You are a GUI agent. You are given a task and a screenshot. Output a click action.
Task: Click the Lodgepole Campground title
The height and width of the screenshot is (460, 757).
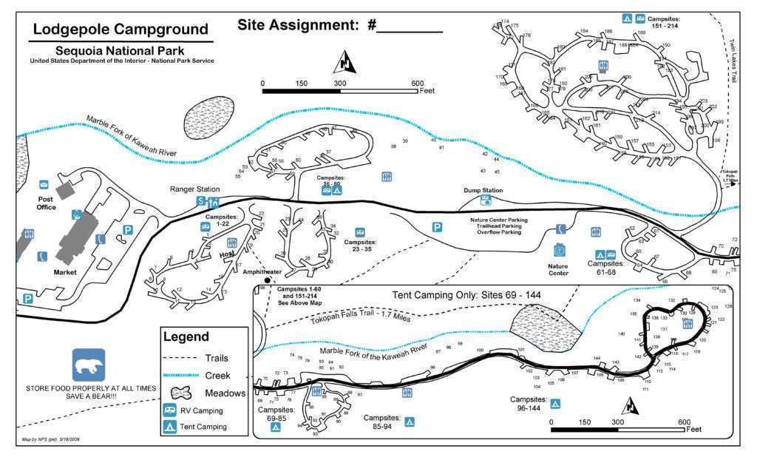click(120, 30)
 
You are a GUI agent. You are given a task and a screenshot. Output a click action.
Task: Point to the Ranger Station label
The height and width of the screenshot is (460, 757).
click(194, 189)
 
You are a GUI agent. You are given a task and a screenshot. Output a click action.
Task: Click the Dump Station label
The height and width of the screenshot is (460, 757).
click(483, 190)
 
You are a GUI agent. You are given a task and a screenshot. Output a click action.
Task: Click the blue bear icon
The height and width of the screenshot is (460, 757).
click(89, 365)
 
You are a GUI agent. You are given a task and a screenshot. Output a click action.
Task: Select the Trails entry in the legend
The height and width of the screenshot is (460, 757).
click(222, 357)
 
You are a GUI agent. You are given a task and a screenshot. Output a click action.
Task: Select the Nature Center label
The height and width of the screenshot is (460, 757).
click(559, 268)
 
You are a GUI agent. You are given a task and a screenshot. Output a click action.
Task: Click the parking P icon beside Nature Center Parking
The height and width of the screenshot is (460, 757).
click(437, 227)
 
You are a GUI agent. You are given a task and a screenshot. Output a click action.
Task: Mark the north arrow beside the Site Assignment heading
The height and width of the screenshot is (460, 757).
click(345, 61)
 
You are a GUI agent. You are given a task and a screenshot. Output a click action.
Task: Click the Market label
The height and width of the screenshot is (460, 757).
click(65, 272)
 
